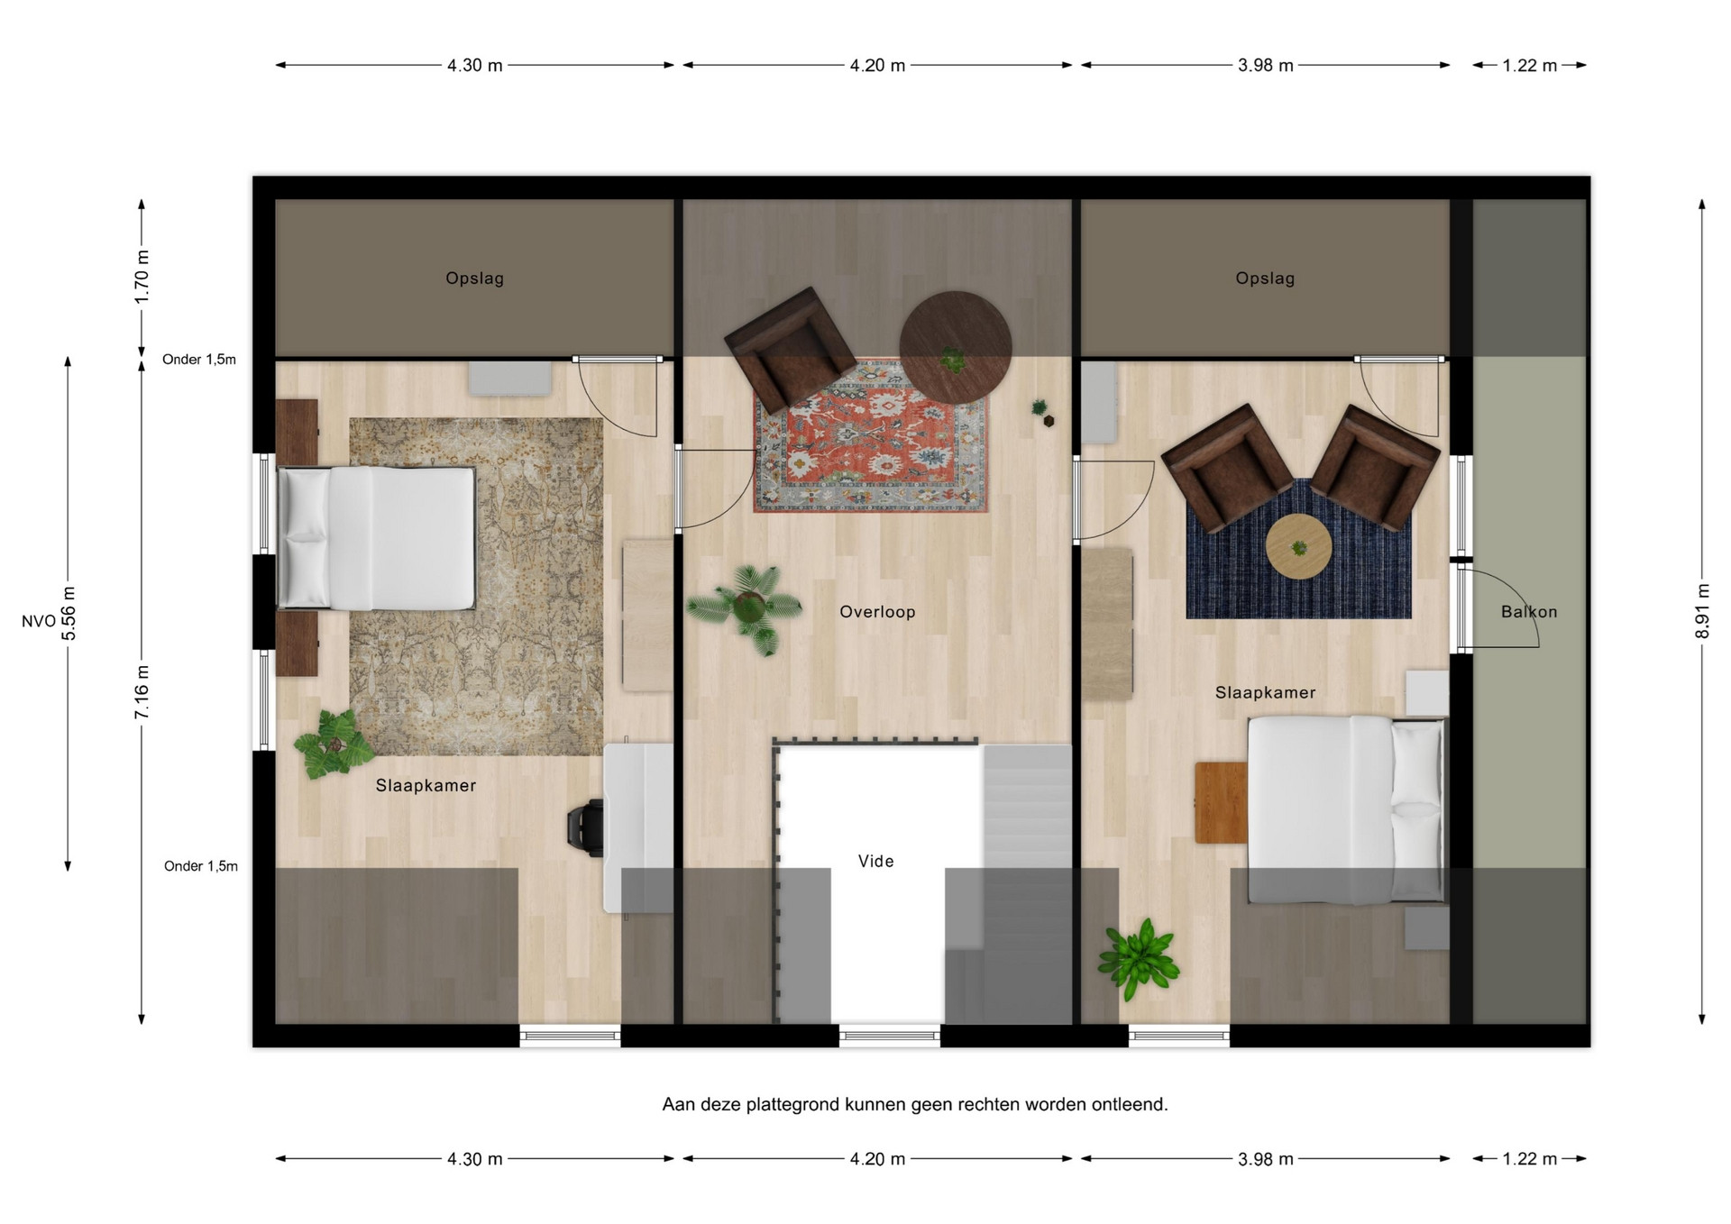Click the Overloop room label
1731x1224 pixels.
pos(877,612)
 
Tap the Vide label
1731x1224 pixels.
pos(876,862)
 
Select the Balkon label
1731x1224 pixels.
pos(1529,612)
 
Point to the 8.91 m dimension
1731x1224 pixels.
pos(1702,612)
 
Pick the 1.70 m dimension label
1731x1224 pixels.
pos(142,278)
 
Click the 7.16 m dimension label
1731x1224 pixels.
pos(142,692)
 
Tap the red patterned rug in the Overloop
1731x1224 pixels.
pos(871,437)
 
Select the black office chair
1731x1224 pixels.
pos(585,826)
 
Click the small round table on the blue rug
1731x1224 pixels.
pos(1298,546)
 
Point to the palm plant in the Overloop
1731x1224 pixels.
pos(746,608)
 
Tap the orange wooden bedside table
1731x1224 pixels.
pos(1222,802)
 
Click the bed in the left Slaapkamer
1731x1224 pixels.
pos(376,537)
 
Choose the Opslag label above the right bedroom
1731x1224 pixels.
pos(1265,279)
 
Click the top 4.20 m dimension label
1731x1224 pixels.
pos(877,65)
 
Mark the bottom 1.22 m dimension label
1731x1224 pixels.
pos(1529,1159)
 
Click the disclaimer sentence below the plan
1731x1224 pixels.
pos(915,1104)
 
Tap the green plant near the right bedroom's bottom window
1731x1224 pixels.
pos(1138,958)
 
